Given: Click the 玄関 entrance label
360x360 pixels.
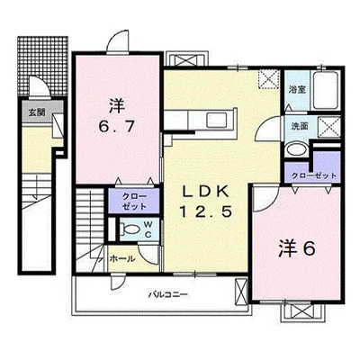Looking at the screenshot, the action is (37, 112).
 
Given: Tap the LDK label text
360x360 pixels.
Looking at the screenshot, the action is (206, 193).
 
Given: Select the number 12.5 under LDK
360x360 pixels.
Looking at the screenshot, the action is (206, 212).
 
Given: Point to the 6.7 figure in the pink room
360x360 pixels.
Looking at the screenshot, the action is (116, 127).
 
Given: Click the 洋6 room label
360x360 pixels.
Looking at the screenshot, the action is (297, 248).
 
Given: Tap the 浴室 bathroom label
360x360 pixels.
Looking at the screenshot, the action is (297, 90).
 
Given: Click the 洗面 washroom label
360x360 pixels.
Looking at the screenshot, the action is (300, 126).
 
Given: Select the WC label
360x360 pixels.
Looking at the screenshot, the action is (148, 229).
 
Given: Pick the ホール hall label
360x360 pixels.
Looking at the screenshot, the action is (122, 258).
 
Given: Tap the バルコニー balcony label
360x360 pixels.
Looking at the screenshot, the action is (168, 294).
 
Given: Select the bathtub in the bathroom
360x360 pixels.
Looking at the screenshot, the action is (326, 90).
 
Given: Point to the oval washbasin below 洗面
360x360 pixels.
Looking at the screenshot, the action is (295, 149).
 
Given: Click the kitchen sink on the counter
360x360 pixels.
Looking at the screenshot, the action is (217, 121).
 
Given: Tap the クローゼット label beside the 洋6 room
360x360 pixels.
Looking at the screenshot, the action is (314, 175).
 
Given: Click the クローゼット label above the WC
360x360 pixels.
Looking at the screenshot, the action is (134, 202).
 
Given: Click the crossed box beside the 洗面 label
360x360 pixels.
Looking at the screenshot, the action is (329, 128).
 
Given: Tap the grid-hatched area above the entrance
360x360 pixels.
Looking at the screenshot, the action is (42, 65).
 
